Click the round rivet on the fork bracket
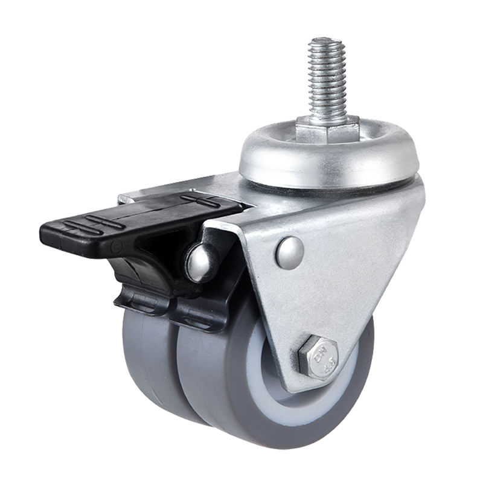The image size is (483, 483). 290,252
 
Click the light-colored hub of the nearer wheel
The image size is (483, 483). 272,386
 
